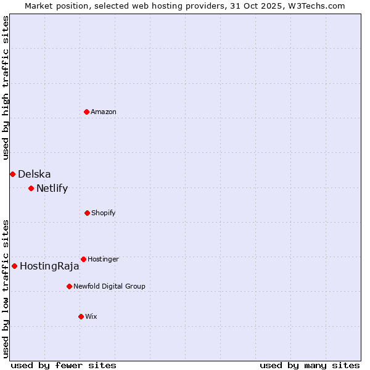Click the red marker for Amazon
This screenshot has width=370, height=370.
tap(86, 112)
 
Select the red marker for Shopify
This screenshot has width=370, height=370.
tap(87, 213)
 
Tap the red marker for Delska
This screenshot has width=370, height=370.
tap(12, 175)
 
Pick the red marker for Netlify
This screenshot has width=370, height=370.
tap(31, 188)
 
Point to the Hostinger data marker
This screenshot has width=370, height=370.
tap(83, 259)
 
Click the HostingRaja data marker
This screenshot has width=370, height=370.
tap(14, 266)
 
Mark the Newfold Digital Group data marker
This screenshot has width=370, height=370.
tap(69, 286)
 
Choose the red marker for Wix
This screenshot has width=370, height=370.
tap(81, 316)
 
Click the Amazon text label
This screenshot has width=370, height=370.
tap(104, 112)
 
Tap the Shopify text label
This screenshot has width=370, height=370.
tap(104, 213)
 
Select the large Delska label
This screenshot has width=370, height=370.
tap(35, 175)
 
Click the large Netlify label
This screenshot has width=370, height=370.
tap(52, 189)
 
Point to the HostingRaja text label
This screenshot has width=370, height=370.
tap(49, 266)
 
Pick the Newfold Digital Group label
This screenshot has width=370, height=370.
tap(109, 286)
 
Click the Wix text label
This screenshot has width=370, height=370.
tap(91, 316)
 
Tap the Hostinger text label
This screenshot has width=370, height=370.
tap(103, 259)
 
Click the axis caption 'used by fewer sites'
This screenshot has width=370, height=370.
tap(64, 365)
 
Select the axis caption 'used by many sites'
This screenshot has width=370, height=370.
tap(310, 365)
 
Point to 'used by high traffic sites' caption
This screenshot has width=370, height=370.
tap(6, 88)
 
